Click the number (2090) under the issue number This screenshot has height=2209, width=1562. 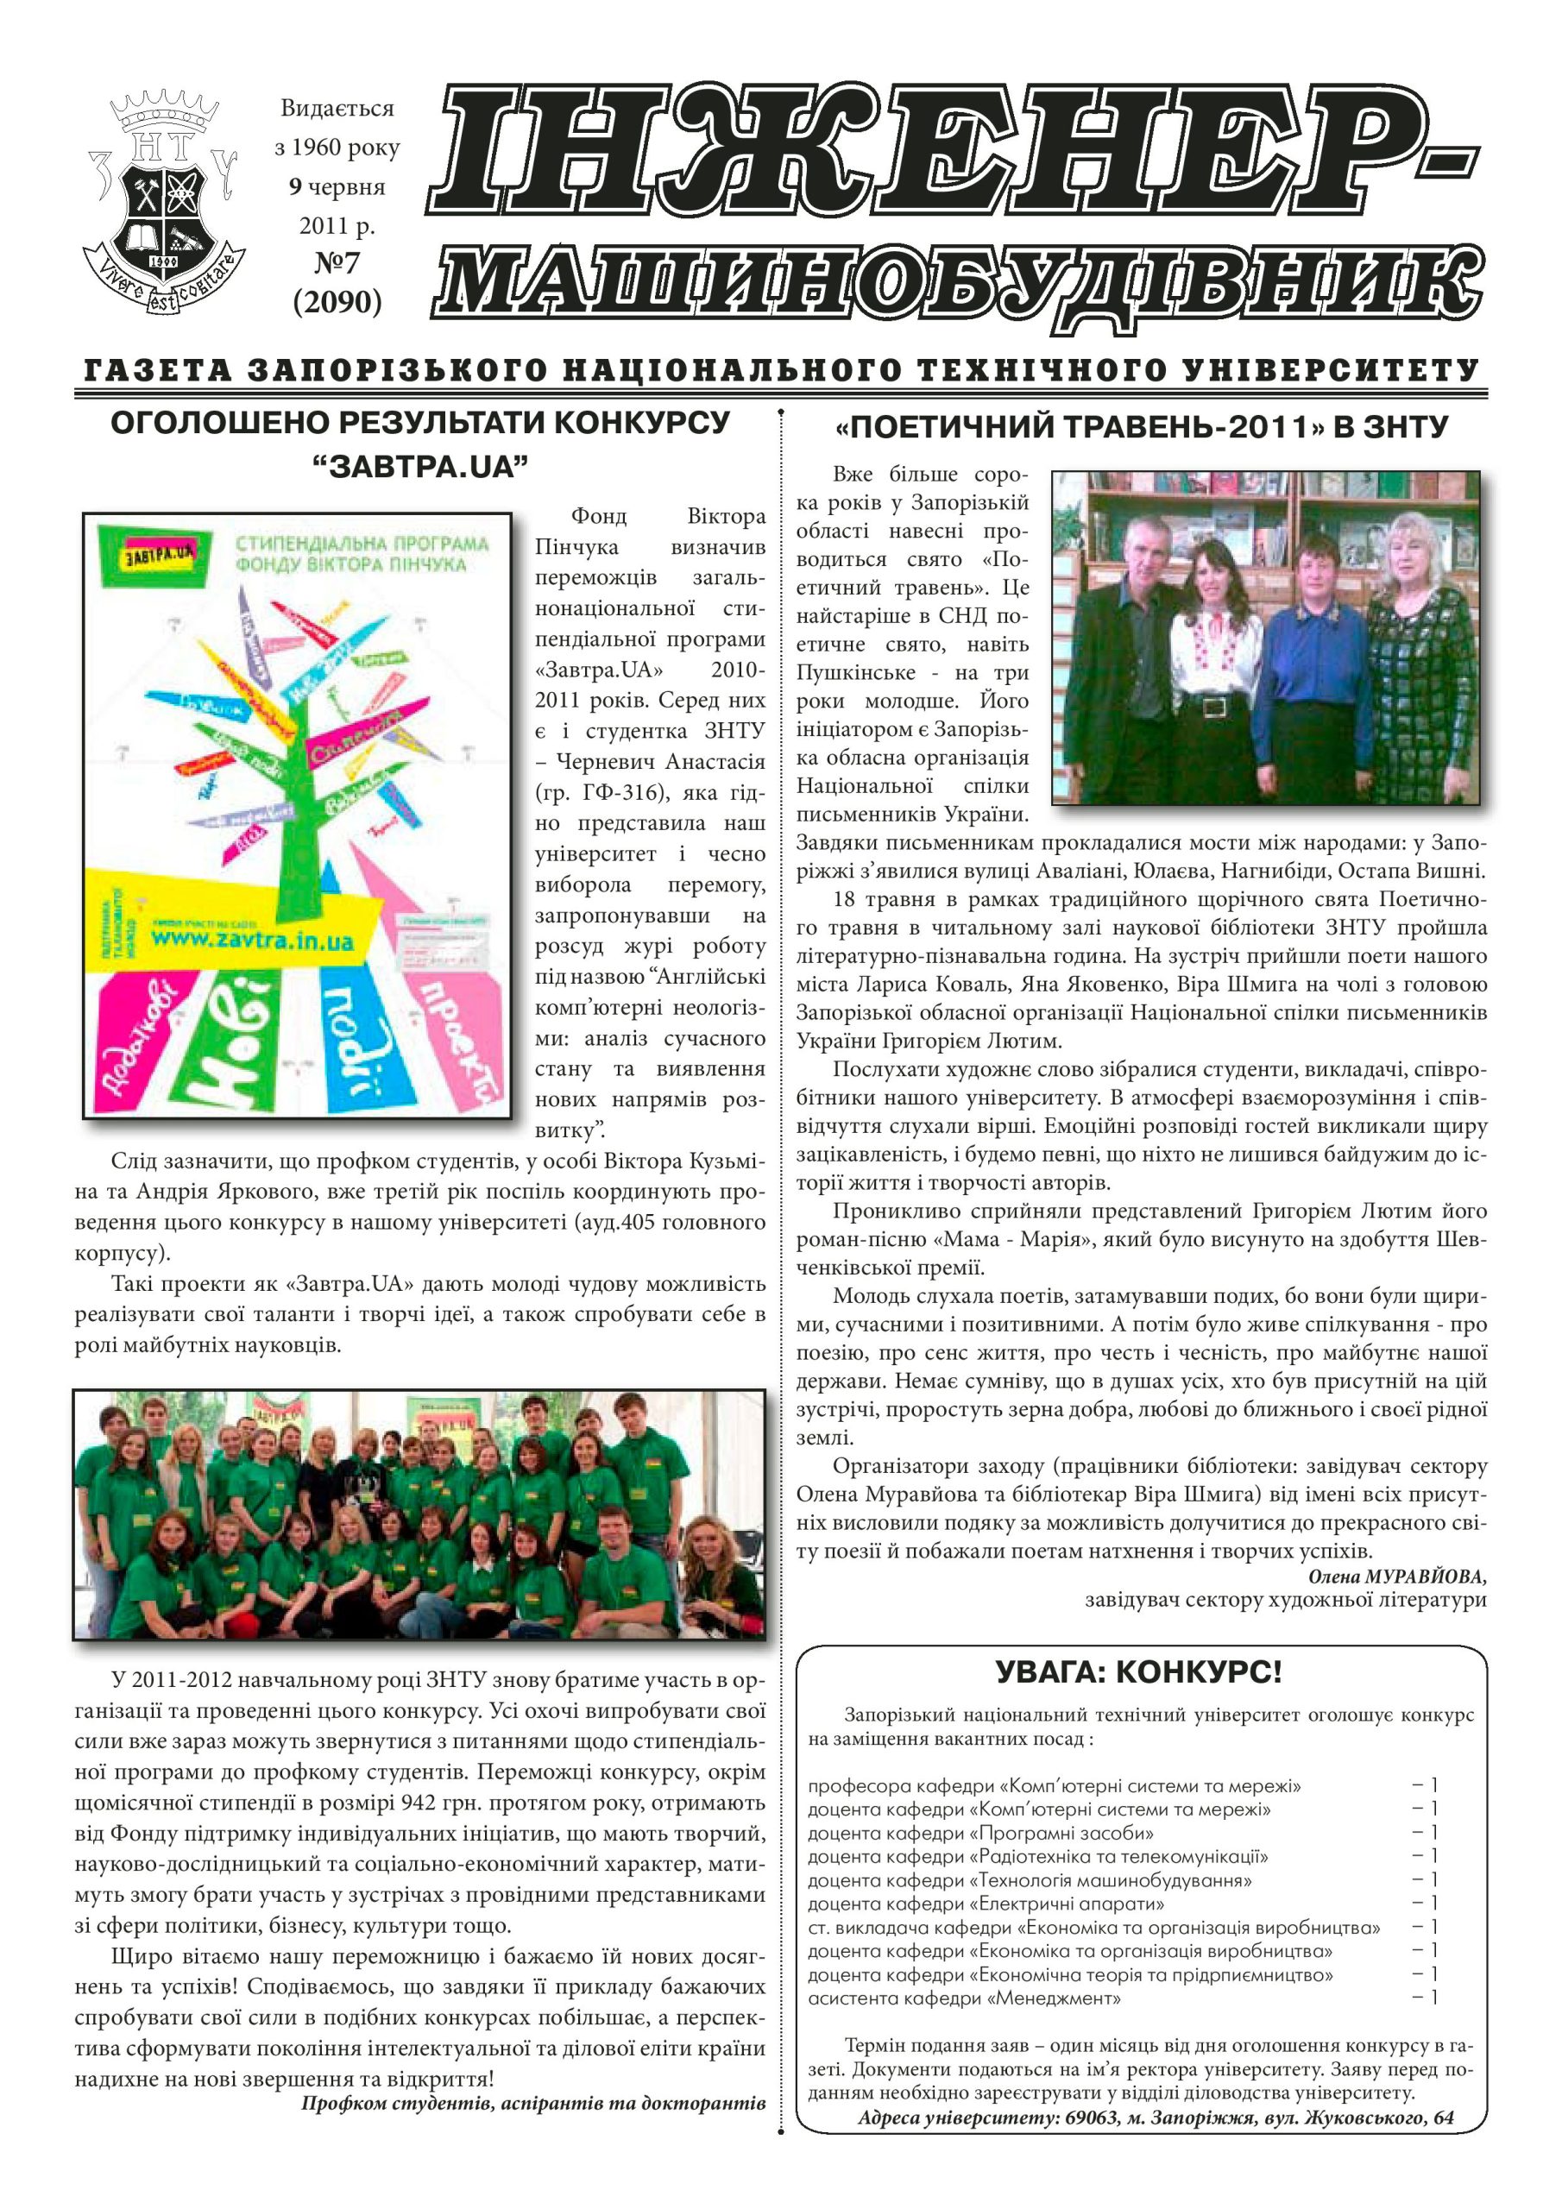coord(337,301)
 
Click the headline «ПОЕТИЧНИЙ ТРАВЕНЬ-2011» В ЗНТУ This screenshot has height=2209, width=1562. coord(1141,427)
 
